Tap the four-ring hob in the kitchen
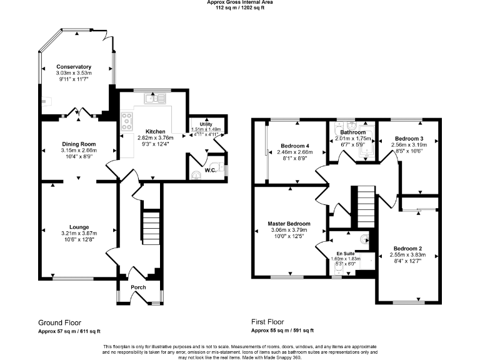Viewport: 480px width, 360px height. [x=127, y=119]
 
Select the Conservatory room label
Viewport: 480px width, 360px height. [x=74, y=67]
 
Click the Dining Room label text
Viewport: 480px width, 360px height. [x=78, y=144]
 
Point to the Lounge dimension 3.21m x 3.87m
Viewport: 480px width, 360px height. [x=79, y=233]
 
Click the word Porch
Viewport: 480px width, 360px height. [x=138, y=287]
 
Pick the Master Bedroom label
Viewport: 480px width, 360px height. [x=289, y=223]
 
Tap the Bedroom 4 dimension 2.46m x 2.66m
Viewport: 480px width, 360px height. [x=294, y=152]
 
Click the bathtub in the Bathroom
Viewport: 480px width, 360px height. [x=369, y=141]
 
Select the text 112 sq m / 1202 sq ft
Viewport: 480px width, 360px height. [x=240, y=8]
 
